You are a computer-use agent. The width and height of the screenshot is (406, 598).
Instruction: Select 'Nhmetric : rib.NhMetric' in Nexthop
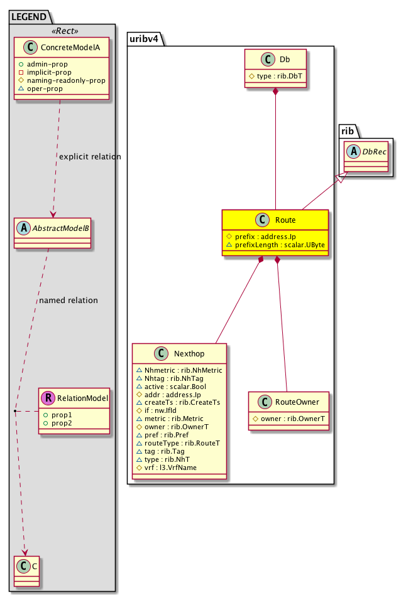tap(178, 370)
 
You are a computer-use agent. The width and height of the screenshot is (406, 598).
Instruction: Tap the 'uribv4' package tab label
tap(145, 38)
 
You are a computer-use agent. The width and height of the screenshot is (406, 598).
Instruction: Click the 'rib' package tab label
tap(348, 130)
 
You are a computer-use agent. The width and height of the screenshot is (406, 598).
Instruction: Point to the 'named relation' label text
tap(69, 300)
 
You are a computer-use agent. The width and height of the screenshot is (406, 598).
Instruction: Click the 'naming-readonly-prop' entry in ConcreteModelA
tap(65, 80)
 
